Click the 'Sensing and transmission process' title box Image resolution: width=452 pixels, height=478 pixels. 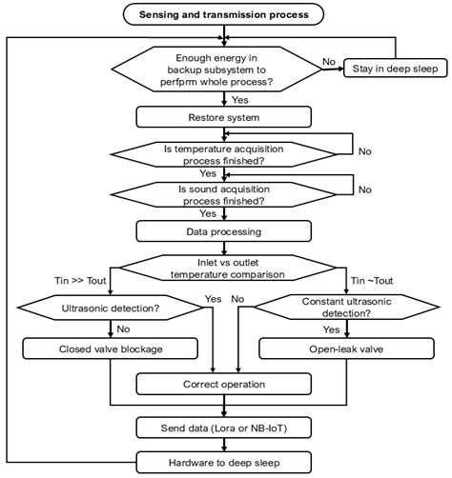coord(223,14)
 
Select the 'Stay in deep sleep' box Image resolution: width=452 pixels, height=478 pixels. coord(396,69)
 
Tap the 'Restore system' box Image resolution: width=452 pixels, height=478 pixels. coord(224,117)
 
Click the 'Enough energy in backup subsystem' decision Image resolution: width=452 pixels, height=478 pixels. coord(216,70)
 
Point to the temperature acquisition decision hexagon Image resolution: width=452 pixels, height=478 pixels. coord(223,154)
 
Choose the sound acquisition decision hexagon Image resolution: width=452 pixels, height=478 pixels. coord(223,194)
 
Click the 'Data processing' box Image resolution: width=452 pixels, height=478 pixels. coord(224,231)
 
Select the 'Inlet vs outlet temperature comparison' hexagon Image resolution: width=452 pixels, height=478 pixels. coord(228,268)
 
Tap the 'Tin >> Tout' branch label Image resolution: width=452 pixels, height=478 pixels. coord(80,281)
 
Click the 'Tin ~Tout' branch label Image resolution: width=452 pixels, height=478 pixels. coord(372,281)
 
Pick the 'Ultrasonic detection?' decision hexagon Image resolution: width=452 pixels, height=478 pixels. coord(111,308)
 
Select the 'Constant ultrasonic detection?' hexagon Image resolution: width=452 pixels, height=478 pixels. coord(346,307)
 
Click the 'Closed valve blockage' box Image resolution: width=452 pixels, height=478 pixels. coord(111,349)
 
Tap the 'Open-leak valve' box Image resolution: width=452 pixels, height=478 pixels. coord(346,349)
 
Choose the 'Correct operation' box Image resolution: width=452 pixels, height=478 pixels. coord(224,384)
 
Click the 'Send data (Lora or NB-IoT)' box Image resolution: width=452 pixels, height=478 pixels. coord(224,428)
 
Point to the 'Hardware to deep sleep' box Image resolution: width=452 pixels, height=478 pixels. coord(224,463)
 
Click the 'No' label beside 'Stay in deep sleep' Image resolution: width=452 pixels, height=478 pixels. coord(329,62)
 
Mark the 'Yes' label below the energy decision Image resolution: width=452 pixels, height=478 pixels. coord(240,100)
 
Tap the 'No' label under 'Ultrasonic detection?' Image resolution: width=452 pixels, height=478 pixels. coord(123,329)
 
